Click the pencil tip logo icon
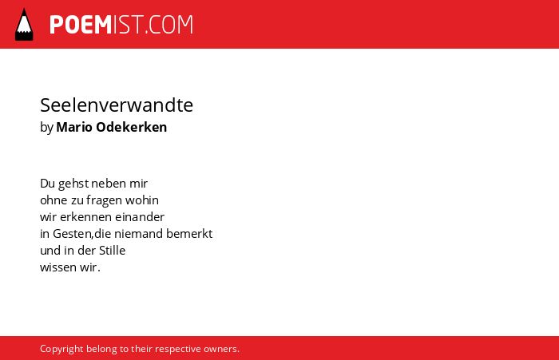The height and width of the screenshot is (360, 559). (x=24, y=25)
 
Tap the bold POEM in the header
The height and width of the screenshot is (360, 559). (x=81, y=25)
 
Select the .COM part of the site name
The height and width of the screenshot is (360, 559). (x=169, y=25)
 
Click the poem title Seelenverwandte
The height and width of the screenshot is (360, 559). (x=117, y=105)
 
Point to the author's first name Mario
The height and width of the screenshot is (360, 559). (x=74, y=127)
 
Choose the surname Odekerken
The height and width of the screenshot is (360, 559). (x=132, y=127)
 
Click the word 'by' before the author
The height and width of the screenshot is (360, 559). (x=46, y=128)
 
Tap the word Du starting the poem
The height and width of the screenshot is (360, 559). (x=47, y=184)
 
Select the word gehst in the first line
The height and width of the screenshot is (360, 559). (x=73, y=184)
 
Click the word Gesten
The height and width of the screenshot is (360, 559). (x=73, y=233)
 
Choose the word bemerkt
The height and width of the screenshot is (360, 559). (x=189, y=233)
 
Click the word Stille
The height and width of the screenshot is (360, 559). (x=112, y=250)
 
